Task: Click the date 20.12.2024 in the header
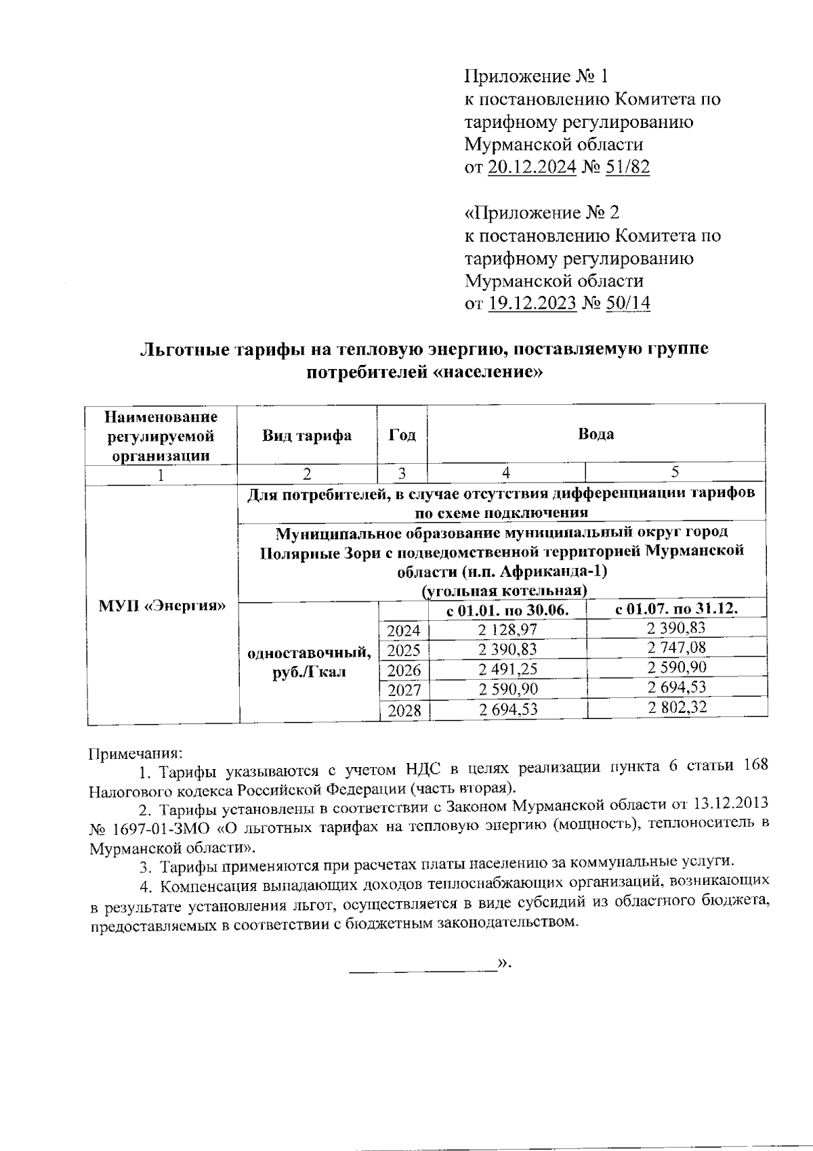click(532, 167)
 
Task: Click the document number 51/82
click(628, 167)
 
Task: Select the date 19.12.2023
click(532, 303)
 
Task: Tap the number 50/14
click(628, 303)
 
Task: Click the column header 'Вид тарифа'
click(307, 435)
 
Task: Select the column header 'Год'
click(402, 435)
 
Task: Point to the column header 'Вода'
click(596, 434)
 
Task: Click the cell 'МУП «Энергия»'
click(162, 605)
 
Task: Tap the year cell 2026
click(404, 671)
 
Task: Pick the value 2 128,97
click(507, 630)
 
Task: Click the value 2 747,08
click(676, 648)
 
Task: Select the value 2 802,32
click(676, 708)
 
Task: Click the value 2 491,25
click(507, 670)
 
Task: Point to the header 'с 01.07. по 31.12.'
click(676, 608)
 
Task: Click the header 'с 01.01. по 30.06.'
click(507, 610)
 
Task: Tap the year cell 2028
click(404, 711)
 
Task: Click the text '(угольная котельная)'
click(505, 590)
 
